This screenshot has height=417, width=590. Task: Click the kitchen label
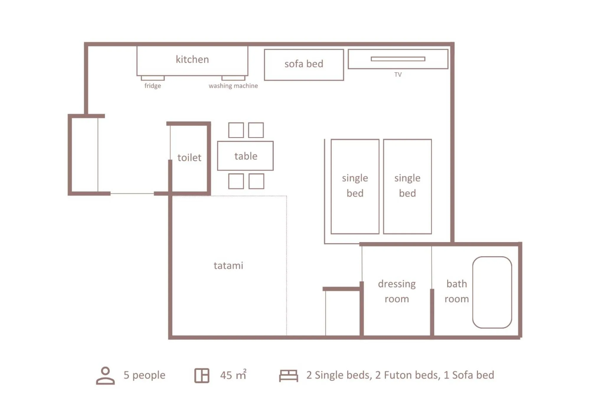tap(192, 59)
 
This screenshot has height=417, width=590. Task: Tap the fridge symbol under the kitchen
tap(153, 78)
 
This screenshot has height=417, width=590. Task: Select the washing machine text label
tap(233, 86)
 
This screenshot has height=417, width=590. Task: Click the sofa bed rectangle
tap(304, 65)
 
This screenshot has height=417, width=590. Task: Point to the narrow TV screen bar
tap(398, 59)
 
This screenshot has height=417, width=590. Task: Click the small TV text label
tap(398, 75)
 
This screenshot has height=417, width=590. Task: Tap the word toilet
tap(189, 157)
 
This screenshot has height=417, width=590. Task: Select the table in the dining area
tap(245, 156)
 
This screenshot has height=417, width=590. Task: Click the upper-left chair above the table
tap(236, 130)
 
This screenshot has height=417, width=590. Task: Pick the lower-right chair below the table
tap(256, 181)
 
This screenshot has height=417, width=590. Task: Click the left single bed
tap(355, 186)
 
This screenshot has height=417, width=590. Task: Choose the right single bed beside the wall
tap(407, 186)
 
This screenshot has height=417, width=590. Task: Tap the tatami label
tap(228, 266)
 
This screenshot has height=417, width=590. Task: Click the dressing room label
tap(397, 291)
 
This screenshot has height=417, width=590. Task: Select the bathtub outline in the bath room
tap(492, 292)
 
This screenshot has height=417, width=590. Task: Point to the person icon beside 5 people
tap(105, 375)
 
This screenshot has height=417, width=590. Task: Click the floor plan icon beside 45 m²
tap(202, 375)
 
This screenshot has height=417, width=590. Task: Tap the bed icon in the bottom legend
tap(288, 375)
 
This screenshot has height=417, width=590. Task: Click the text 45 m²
tap(233, 375)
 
